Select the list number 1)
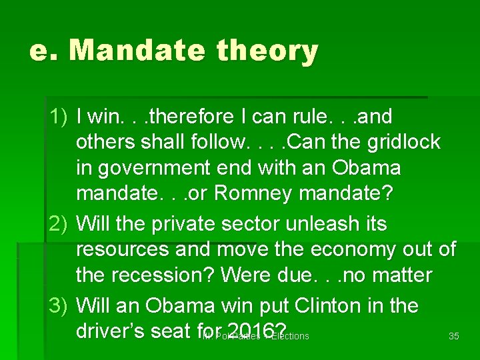tap(59, 117)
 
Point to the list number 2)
tap(59, 224)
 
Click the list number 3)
tap(59, 306)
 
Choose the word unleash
tap(327, 224)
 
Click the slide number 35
tap(454, 337)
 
